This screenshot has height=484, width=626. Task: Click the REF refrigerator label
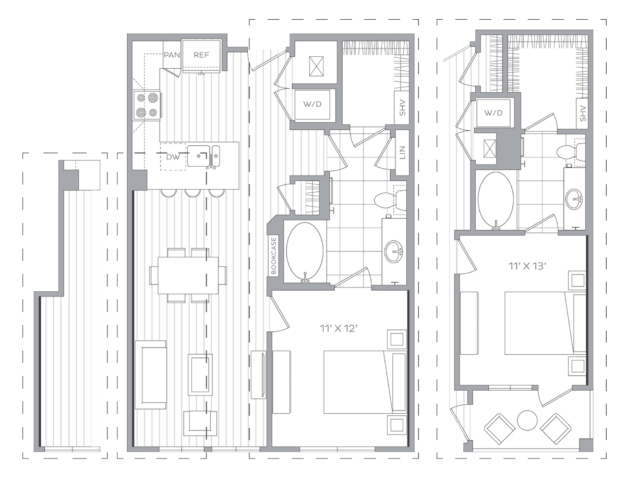(x=201, y=55)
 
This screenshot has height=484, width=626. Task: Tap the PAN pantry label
(x=172, y=55)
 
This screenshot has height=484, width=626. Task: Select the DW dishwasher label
(x=173, y=157)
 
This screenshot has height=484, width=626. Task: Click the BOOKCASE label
(x=273, y=255)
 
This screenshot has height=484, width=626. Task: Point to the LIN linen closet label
(x=402, y=153)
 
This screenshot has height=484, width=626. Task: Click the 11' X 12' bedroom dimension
(x=339, y=328)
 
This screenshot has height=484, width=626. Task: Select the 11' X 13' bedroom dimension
(x=527, y=266)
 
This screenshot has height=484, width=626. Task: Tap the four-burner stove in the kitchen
(x=147, y=105)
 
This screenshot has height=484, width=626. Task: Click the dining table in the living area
(x=188, y=275)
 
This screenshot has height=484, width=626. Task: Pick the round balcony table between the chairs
(x=527, y=420)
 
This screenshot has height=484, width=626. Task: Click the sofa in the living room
(x=151, y=375)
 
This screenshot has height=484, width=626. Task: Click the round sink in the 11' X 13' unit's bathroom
(x=573, y=198)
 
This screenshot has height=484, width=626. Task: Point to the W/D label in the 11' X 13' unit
(x=493, y=113)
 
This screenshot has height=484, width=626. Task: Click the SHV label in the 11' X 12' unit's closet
(x=402, y=108)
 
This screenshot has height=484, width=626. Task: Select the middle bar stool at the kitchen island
(x=192, y=193)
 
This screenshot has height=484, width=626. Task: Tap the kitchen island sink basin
(x=199, y=156)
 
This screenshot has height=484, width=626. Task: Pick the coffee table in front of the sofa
(x=200, y=375)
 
